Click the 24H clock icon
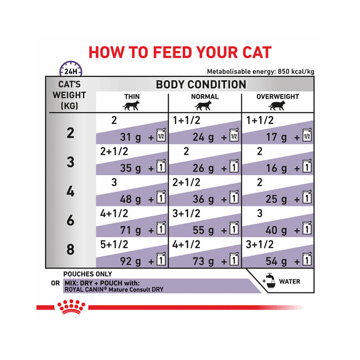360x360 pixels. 71,69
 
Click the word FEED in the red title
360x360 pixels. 172,53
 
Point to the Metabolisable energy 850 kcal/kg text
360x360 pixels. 261,72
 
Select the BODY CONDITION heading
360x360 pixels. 201,84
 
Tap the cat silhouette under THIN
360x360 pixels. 131,106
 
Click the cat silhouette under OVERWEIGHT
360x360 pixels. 277,106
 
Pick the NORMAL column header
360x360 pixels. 205,96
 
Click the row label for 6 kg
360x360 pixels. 71,220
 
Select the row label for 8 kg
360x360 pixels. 71,250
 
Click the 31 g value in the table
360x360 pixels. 131,137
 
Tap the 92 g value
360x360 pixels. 131,261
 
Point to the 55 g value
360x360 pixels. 203,230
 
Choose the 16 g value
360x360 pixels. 276,168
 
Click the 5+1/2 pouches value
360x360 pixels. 114,244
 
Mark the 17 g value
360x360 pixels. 276,137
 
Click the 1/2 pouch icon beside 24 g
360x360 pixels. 234,135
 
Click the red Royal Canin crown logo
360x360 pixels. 71,307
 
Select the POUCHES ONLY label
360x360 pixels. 87,274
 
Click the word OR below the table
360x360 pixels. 55,283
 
